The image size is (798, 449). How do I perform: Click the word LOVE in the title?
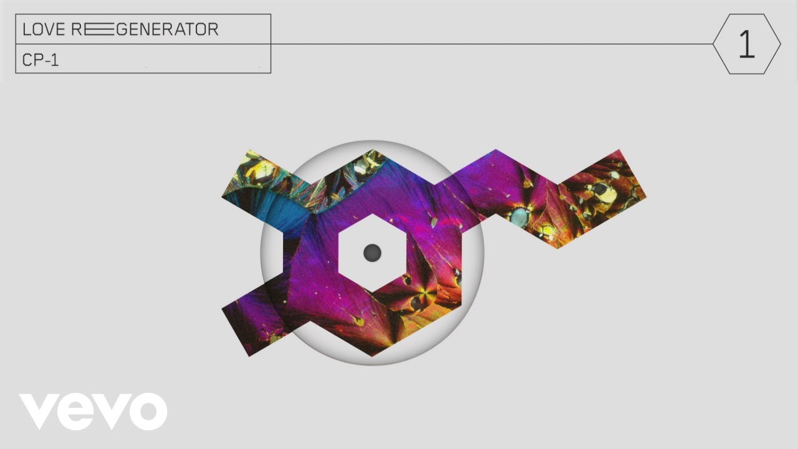(x=44, y=29)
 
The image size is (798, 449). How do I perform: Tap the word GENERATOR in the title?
(x=167, y=29)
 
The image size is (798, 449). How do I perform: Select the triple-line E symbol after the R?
(x=99, y=29)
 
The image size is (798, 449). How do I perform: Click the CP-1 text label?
(x=41, y=60)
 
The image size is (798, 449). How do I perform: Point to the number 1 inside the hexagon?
(x=747, y=44)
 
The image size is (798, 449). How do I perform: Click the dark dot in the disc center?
(x=372, y=253)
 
